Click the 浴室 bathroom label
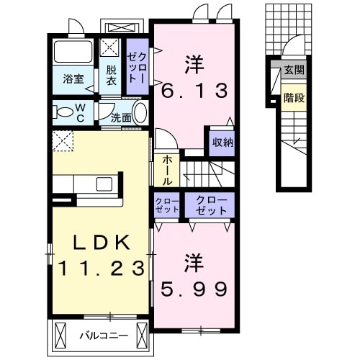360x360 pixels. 73,79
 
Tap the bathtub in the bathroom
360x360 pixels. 73,52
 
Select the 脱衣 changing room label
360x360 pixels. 111,75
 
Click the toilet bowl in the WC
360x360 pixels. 64,112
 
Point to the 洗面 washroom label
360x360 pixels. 121,118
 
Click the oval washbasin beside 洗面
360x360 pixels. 140,113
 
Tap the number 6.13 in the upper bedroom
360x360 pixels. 194,91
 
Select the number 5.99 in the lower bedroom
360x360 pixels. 194,289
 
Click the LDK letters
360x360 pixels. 102,243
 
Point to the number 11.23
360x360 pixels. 102,268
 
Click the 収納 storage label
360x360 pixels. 222,143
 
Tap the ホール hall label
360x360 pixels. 167,171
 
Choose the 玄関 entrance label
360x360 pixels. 294,70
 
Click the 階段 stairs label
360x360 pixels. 294,98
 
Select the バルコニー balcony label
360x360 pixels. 104,336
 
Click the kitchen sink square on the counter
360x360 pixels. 104,184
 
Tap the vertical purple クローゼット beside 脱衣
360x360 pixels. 137,66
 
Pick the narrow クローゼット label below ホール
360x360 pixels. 167,205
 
